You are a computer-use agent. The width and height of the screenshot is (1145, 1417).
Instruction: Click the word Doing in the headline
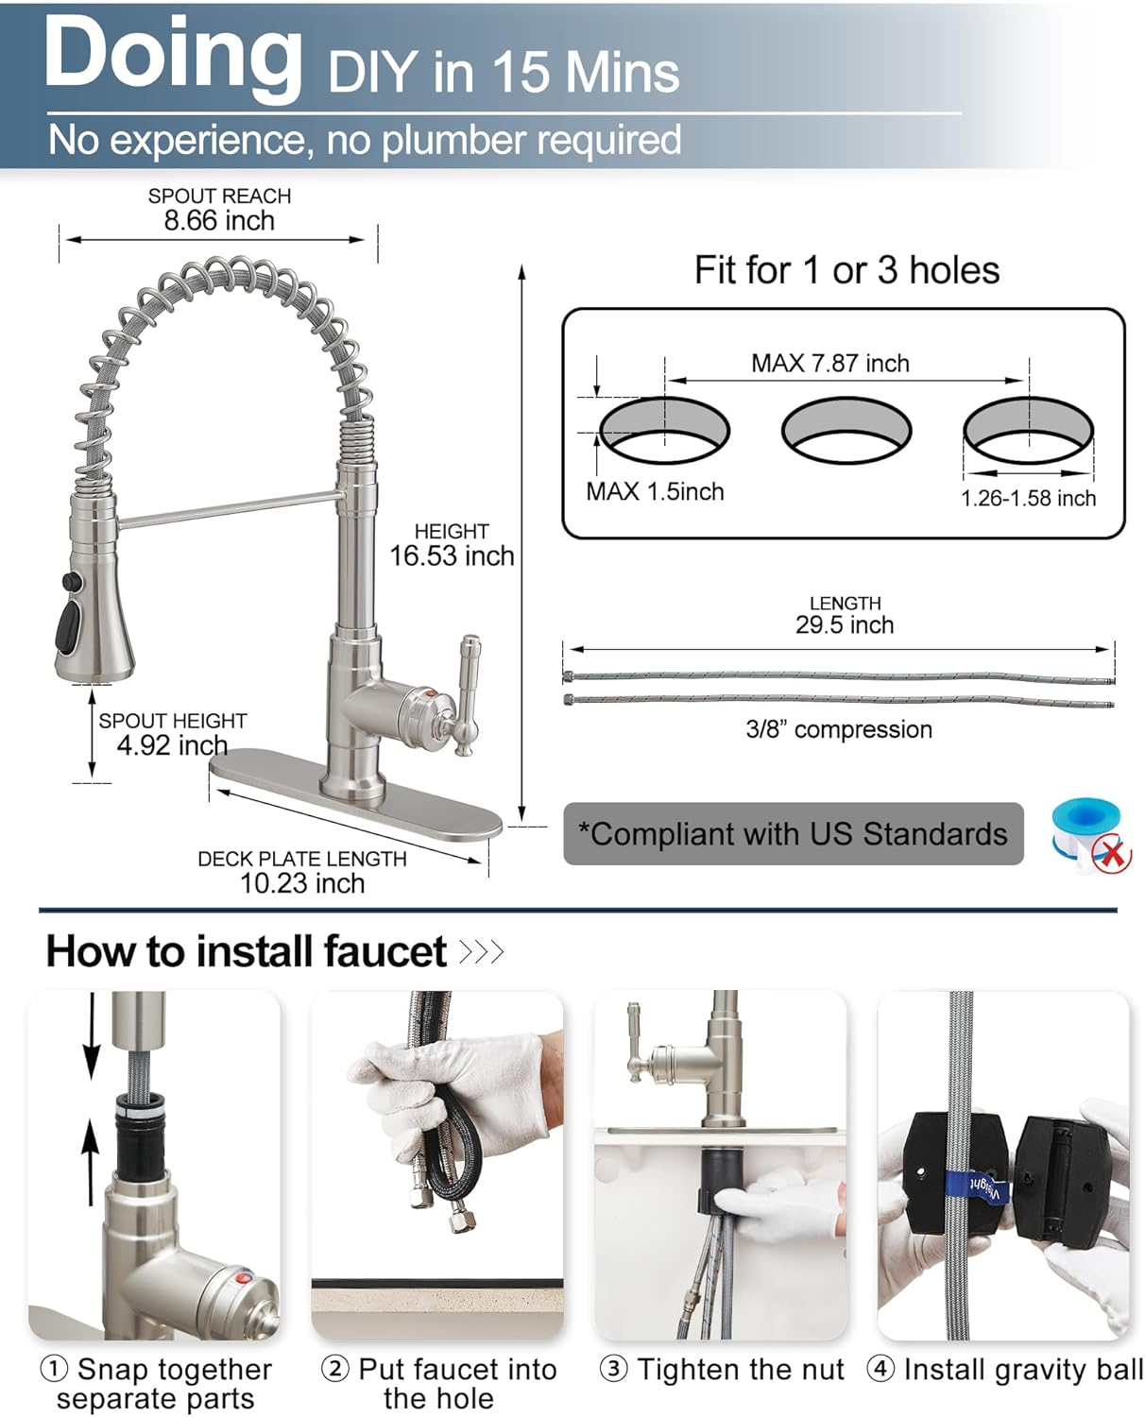pyautogui.click(x=172, y=54)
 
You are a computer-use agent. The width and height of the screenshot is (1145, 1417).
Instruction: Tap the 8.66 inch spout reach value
pyautogui.click(x=219, y=221)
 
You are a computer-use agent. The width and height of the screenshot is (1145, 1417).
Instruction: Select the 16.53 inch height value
pyautogui.click(x=452, y=555)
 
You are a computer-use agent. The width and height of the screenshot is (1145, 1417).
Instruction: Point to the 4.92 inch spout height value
pyautogui.click(x=172, y=745)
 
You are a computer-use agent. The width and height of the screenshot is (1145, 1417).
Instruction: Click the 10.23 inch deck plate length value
pyautogui.click(x=301, y=883)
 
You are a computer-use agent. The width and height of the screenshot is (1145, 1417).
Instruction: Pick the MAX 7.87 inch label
pyautogui.click(x=829, y=364)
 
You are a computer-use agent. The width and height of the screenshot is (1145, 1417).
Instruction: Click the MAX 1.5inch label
pyautogui.click(x=655, y=491)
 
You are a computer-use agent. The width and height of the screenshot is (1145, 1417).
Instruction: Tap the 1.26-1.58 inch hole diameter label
pyautogui.click(x=1028, y=499)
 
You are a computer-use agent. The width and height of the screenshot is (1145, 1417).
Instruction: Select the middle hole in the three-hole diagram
pyautogui.click(x=846, y=430)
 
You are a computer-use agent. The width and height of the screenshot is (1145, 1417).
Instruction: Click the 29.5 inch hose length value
pyautogui.click(x=844, y=625)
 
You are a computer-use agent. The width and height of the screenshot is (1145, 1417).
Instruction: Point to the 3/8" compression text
pyautogui.click(x=838, y=729)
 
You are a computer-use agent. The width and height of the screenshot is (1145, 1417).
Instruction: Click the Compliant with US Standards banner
pyautogui.click(x=793, y=834)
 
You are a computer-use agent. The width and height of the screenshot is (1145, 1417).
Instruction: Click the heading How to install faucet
pyautogui.click(x=246, y=951)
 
